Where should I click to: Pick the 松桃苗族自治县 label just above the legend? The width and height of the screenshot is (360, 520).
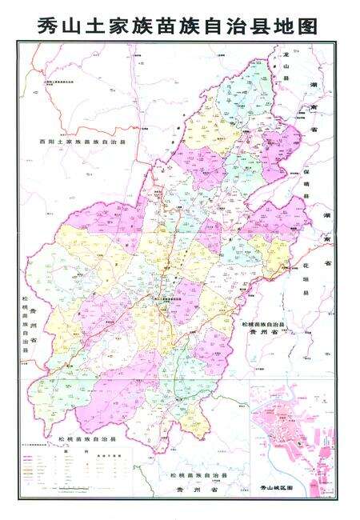click(x=88, y=441)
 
